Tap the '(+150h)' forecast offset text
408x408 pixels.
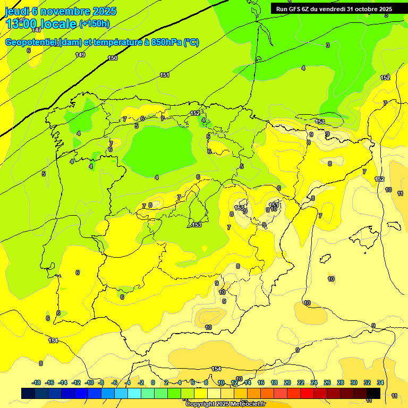tap(94, 24)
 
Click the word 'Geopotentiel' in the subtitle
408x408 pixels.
tap(31, 42)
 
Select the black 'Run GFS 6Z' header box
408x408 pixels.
tap(334, 8)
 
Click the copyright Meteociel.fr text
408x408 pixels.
tap(226, 404)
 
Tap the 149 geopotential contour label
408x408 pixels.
tap(80, 55)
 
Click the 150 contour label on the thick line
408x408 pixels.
tap(113, 58)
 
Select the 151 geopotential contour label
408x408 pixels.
tap(165, 75)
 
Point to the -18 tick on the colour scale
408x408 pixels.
tap(36, 382)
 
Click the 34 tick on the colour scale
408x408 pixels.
tap(380, 382)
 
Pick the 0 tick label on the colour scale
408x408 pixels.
tap(153, 382)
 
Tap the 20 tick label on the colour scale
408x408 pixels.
tap(287, 382)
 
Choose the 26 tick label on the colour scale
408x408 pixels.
tap(327, 382)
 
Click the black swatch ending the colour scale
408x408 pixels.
tap(373, 393)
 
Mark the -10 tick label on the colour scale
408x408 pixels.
tap(89, 382)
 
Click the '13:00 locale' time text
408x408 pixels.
tap(40, 24)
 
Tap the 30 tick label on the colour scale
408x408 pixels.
tap(354, 382)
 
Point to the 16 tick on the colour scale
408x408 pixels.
tap(261, 382)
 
